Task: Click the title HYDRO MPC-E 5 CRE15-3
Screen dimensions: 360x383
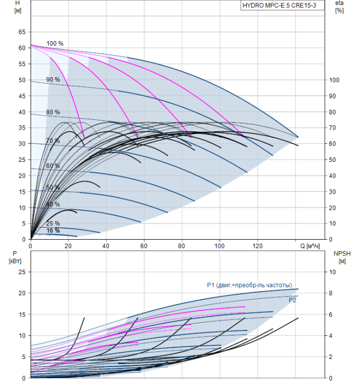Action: [279, 5]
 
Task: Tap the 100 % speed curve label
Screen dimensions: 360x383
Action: [55, 43]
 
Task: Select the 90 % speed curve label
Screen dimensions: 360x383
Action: [53, 79]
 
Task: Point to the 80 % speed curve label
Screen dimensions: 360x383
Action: [53, 112]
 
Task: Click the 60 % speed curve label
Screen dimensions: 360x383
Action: [53, 166]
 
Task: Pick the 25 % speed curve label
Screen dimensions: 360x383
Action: [53, 223]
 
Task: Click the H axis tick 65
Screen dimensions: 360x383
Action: [22, 32]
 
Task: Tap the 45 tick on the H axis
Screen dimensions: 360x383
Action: [22, 96]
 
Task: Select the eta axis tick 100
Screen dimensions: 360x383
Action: [334, 80]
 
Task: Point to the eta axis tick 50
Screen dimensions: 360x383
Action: [333, 160]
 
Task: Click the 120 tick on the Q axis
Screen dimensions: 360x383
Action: [258, 246]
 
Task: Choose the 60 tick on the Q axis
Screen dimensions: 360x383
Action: [144, 246]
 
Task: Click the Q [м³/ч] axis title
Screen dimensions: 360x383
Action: [310, 246]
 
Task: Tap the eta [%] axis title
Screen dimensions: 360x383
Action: [340, 7]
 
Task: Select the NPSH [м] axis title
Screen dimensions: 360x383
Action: [342, 258]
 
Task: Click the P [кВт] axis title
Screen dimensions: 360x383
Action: [15, 258]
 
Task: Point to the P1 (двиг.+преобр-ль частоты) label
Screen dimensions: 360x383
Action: [249, 285]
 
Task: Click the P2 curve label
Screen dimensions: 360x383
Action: [292, 300]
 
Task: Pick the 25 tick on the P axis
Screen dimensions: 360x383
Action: [22, 272]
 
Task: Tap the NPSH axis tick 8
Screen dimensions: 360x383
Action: [330, 293]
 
